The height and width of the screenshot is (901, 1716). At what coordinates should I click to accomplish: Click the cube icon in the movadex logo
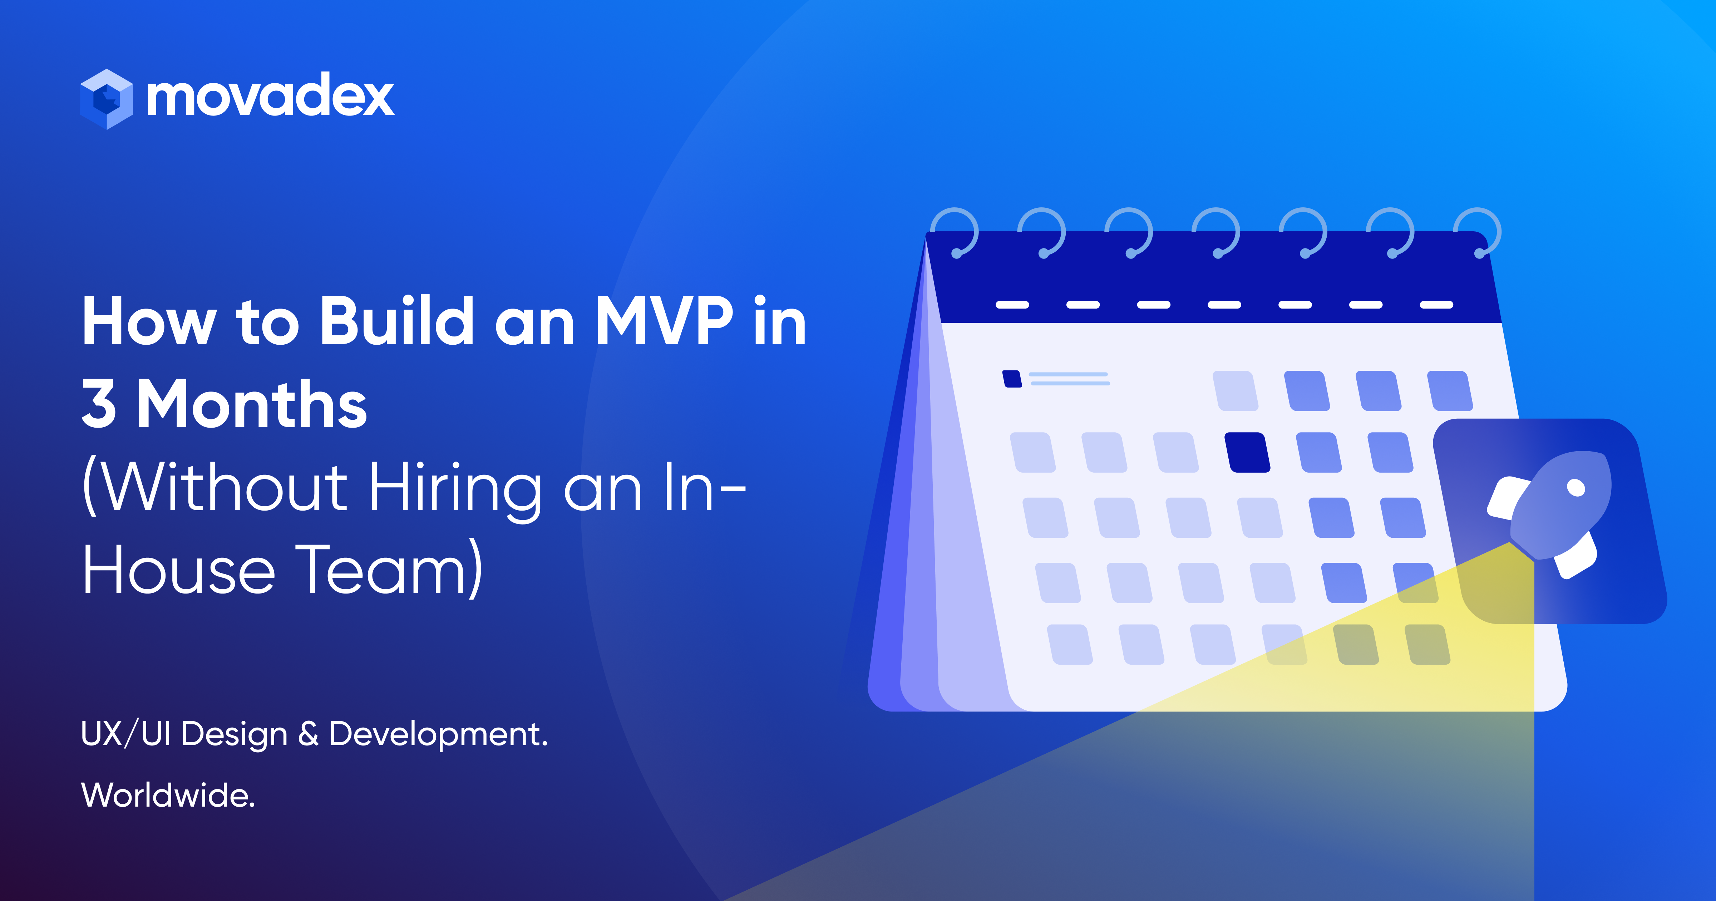click(107, 99)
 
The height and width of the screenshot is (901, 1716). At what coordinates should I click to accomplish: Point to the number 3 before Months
click(99, 404)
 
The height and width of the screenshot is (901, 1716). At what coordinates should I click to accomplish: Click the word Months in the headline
click(252, 404)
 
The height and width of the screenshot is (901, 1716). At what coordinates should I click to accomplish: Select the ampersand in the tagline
click(308, 734)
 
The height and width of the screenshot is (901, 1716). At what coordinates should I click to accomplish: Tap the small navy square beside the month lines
click(1012, 379)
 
